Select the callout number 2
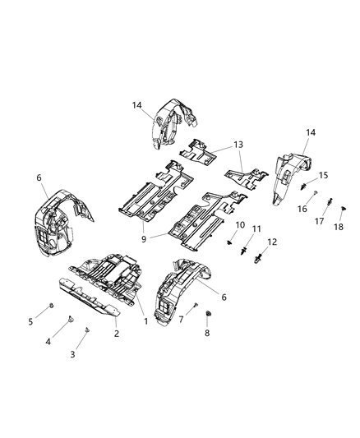click(x=117, y=333)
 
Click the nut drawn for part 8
click(x=207, y=314)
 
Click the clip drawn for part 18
click(x=342, y=209)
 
